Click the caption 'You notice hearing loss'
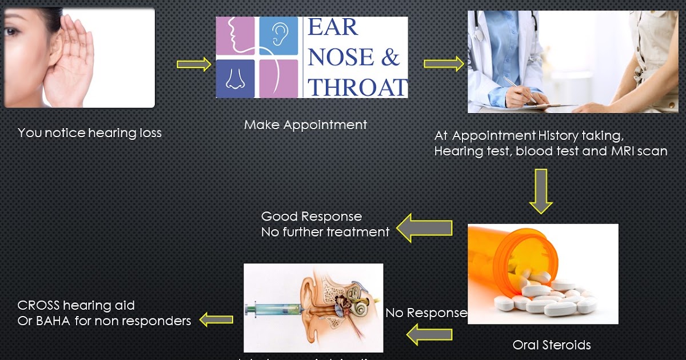[x=90, y=133]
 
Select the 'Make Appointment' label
[x=305, y=125]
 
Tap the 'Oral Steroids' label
[x=551, y=345]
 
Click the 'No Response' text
[x=426, y=313]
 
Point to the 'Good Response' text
[x=312, y=217]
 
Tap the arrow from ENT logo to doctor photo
[x=443, y=64]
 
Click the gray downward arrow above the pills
[x=540, y=191]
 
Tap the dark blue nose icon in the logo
[x=235, y=79]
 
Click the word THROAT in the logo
[x=357, y=87]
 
